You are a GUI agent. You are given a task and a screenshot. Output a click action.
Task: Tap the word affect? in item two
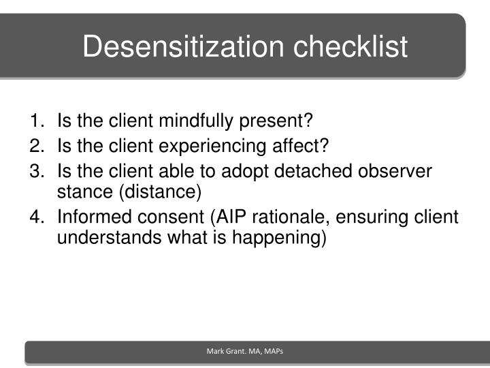303,145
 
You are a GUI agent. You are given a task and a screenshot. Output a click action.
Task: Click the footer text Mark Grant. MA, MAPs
245,351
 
